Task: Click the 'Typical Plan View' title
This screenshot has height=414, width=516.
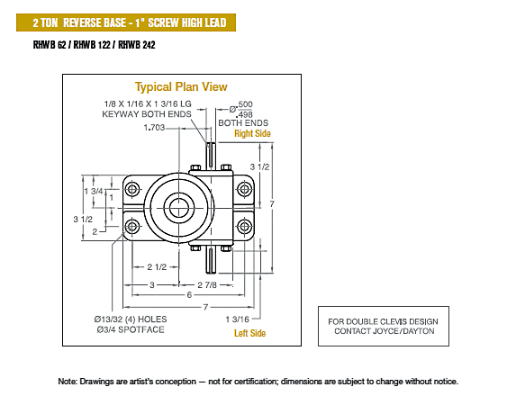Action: (181, 86)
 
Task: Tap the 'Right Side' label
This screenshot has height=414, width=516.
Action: (252, 133)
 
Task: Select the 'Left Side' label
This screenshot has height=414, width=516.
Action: (249, 333)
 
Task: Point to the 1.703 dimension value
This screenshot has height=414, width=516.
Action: (154, 127)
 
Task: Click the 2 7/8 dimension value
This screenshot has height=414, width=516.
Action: (207, 284)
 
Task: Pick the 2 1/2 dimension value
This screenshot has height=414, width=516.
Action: (157, 266)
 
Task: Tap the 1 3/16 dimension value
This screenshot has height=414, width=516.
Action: (237, 319)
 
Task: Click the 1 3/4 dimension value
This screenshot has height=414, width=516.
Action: (94, 191)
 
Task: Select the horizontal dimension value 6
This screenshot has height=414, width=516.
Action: (189, 295)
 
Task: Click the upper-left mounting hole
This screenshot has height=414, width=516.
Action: (132, 189)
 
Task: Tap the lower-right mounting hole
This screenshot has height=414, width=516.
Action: (245, 227)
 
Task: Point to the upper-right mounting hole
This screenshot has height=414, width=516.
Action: (245, 189)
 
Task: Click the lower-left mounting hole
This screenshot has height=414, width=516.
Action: (132, 227)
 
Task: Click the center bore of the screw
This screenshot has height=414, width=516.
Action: (179, 208)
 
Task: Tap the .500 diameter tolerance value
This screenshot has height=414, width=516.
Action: (245, 104)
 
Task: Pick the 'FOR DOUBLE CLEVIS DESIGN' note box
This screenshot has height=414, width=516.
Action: (384, 326)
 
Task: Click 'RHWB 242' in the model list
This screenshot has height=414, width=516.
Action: (137, 45)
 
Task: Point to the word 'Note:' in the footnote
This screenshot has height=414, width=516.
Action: (68, 382)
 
